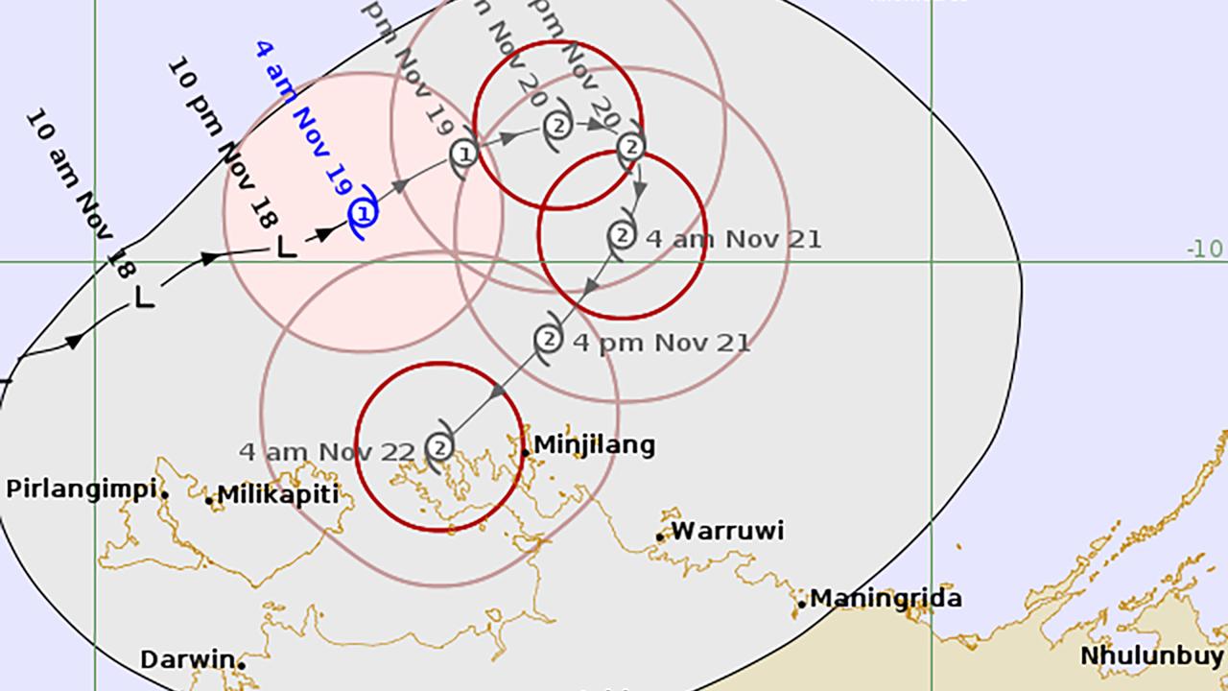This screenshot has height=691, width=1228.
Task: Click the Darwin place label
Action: click(187, 660)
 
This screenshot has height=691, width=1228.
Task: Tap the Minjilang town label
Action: click(594, 444)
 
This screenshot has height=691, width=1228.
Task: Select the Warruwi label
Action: click(727, 531)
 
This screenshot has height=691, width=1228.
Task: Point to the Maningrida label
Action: click(886, 599)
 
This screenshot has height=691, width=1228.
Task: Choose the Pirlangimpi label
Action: click(81, 488)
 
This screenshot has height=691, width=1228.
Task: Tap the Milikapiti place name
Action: click(278, 494)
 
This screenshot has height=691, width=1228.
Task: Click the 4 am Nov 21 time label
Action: click(734, 238)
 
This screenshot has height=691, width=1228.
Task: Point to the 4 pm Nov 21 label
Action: click(661, 342)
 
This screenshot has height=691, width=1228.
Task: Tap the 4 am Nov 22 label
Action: click(327, 451)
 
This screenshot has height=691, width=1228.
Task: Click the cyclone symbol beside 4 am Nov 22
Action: click(439, 447)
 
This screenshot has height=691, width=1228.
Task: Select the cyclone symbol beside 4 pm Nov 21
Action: click(548, 338)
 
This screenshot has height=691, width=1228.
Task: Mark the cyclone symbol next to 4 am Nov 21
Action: click(622, 234)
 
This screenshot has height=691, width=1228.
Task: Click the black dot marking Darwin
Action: click(242, 664)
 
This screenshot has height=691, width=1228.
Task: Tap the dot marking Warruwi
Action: click(660, 537)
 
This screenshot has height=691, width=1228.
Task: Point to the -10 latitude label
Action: click(1205, 250)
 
